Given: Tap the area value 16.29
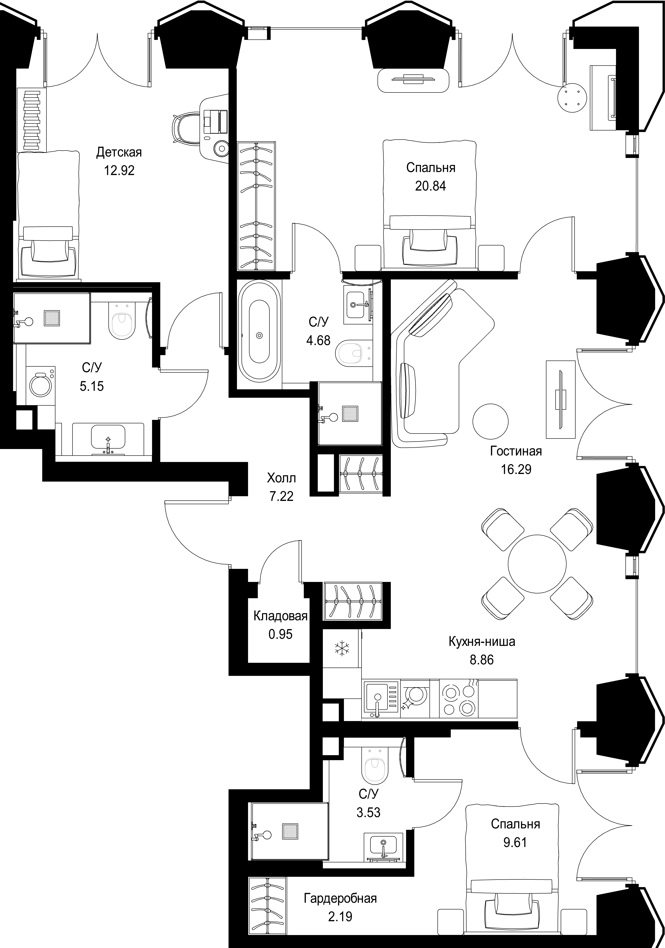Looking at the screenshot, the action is point(516,469).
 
